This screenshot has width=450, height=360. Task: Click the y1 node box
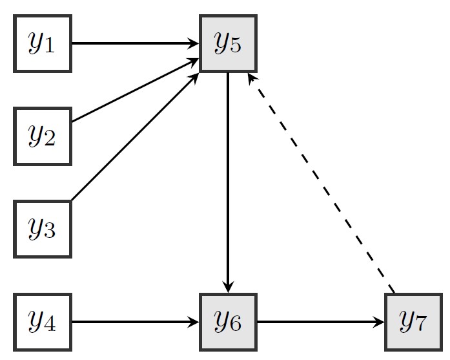point(42,43)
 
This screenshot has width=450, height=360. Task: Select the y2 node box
point(42,136)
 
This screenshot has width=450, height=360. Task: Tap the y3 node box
point(42,229)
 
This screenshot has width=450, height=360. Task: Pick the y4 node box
point(42,321)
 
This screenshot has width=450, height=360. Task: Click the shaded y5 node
point(229,43)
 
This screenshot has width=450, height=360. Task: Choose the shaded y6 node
point(229,321)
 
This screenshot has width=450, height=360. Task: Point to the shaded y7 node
point(413,321)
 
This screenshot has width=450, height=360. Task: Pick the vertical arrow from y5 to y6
point(229,181)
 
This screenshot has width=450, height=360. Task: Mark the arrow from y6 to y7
point(320,321)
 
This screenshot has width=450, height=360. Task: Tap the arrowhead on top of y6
point(229,288)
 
